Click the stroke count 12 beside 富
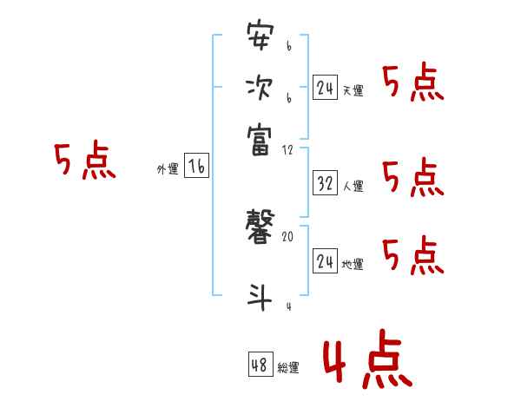pyautogui.click(x=287, y=150)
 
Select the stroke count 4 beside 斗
pyautogui.click(x=287, y=306)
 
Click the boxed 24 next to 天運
pyautogui.click(x=325, y=88)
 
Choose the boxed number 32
pyautogui.click(x=325, y=183)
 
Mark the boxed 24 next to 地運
pyautogui.click(x=325, y=261)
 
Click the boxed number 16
pyautogui.click(x=196, y=167)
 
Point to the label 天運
pyautogui.click(x=353, y=91)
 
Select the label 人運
pyautogui.click(x=353, y=186)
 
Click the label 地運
pyautogui.click(x=353, y=264)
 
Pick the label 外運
pyautogui.click(x=168, y=170)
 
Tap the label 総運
pyautogui.click(x=288, y=368)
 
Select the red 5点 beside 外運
pyautogui.click(x=84, y=161)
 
